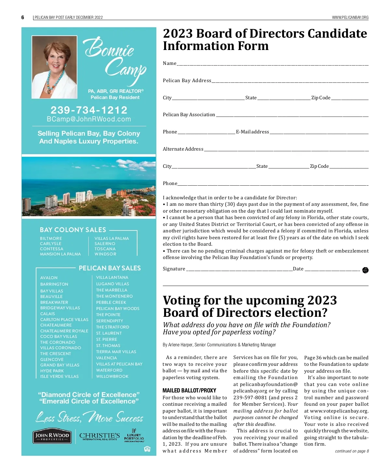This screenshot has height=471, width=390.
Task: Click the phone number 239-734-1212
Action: point(89,110)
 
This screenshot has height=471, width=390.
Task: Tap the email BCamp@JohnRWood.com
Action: point(89,119)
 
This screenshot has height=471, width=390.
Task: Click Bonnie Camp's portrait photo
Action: point(54,67)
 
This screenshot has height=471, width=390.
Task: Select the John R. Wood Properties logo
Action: point(52,437)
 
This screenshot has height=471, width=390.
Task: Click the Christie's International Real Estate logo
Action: point(99,436)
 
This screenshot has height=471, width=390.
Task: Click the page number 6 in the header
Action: point(23,18)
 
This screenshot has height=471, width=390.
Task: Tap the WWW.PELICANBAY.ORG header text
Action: point(350,18)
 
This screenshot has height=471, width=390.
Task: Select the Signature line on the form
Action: point(239,270)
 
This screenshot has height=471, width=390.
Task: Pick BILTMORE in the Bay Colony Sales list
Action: point(51,239)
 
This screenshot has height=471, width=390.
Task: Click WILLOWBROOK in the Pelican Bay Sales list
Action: point(112,377)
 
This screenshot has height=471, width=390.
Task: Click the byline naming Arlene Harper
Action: point(219,345)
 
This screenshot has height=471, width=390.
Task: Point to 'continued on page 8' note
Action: point(352,451)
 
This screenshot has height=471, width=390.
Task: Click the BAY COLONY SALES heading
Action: point(73,230)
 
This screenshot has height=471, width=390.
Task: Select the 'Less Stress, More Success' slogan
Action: point(89,417)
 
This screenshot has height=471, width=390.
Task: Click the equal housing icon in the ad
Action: point(147,449)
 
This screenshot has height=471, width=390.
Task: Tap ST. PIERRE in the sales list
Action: point(107,340)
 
